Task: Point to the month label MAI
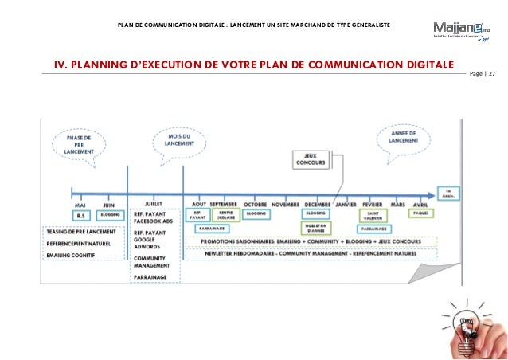(x=80, y=205)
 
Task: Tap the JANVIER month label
(x=346, y=205)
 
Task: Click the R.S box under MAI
(x=80, y=216)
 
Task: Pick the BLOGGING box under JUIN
(x=111, y=216)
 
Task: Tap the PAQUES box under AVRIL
(x=420, y=214)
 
